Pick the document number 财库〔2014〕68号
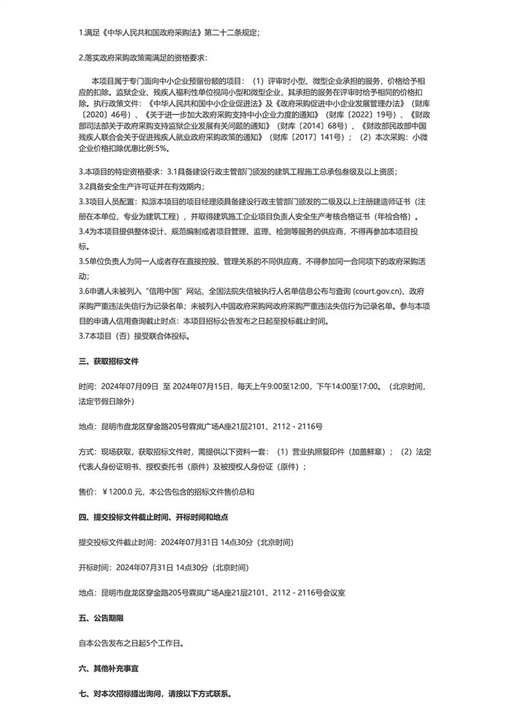click(314, 125)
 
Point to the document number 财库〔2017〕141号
click(311, 136)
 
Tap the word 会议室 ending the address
click(333, 592)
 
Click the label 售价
click(85, 492)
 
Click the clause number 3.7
click(84, 335)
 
